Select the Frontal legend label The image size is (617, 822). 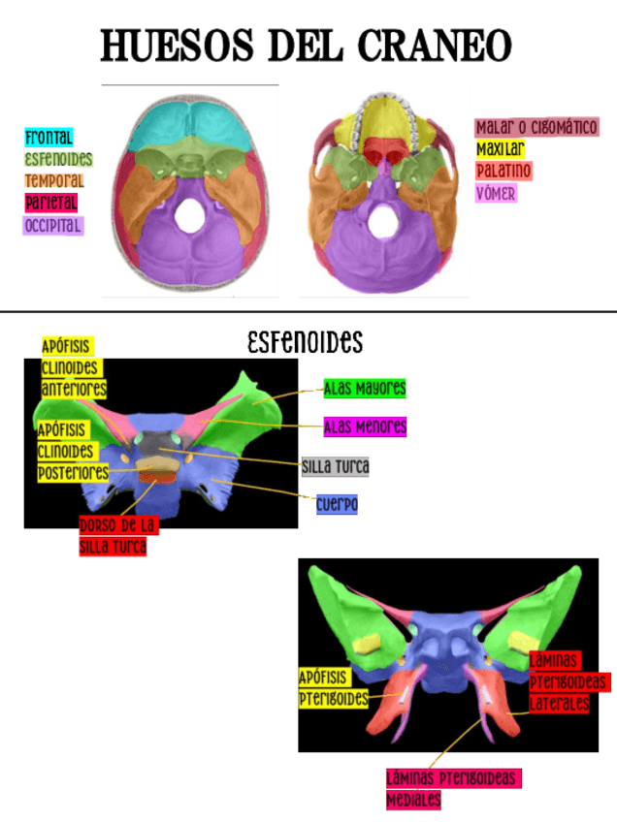coord(49,138)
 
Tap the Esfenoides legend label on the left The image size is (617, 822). coord(58,159)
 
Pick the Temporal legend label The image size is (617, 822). coord(54,180)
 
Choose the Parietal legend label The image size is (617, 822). coord(51,203)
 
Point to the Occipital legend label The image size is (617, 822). coord(53,226)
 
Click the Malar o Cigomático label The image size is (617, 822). coord(536,127)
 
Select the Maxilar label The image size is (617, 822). coord(501,149)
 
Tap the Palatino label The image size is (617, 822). coord(503,172)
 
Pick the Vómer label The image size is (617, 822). coord(496,193)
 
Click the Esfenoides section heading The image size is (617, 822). coord(305,342)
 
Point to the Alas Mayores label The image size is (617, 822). coord(365,389)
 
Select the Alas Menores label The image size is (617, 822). coord(365,427)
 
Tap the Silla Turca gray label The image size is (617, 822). coord(336,467)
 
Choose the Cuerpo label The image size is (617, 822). coord(337,505)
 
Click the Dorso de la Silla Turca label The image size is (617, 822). coord(118,536)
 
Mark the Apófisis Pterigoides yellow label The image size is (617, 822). coord(333,687)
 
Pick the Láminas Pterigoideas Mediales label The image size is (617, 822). coord(452,789)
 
